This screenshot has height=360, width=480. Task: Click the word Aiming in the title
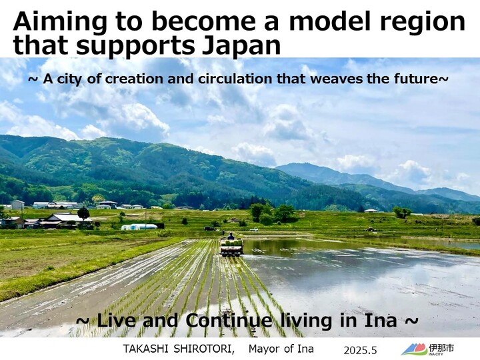tap(60, 23)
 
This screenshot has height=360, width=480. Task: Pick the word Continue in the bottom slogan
tap(229, 321)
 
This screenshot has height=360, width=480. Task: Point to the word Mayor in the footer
tap(264, 349)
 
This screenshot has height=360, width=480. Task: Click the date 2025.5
tap(360, 350)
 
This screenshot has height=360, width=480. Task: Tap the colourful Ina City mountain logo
tap(414, 349)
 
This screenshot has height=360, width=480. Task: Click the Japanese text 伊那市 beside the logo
tap(441, 348)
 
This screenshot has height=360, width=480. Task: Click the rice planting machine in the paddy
tap(231, 247)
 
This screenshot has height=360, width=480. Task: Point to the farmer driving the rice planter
tap(231, 236)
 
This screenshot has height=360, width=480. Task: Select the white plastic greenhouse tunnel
tap(139, 227)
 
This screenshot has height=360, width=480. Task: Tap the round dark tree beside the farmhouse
tap(83, 213)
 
